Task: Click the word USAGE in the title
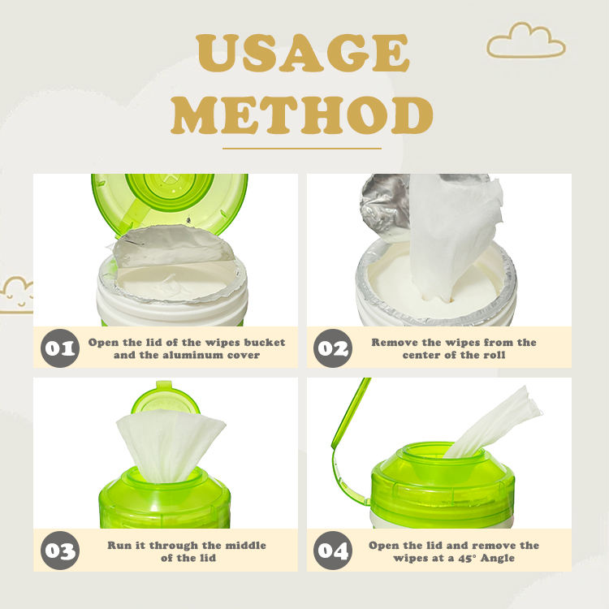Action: pos(303,54)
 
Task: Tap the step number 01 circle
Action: pos(60,348)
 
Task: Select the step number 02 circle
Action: pos(333,348)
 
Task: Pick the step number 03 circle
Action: pos(60,551)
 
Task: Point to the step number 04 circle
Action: pos(333,551)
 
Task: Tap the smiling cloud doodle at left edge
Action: pos(15,296)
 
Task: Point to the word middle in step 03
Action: pos(246,546)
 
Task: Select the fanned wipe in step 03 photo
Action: pos(171,445)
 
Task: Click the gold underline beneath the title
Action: pos(302,148)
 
